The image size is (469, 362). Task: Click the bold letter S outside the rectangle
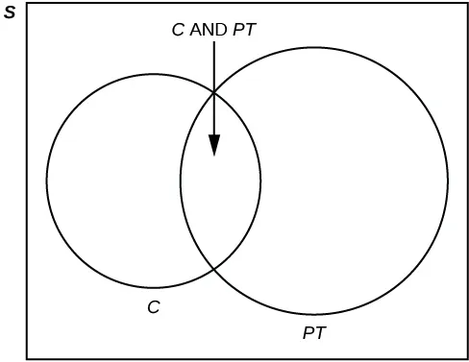pyautogui.click(x=9, y=13)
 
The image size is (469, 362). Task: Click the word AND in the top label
pyautogui.click(x=208, y=29)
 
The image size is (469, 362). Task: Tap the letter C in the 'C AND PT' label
pyautogui.click(x=177, y=29)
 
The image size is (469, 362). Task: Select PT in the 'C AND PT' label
pyautogui.click(x=243, y=29)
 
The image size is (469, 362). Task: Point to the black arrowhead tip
pyautogui.click(x=213, y=156)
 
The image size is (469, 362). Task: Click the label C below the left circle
pyautogui.click(x=153, y=307)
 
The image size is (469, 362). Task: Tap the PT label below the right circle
pyautogui.click(x=313, y=333)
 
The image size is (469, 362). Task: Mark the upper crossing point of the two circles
pyautogui.click(x=212, y=90)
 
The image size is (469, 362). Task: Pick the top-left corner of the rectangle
pyautogui.click(x=27, y=4)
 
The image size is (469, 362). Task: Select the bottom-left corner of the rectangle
pyautogui.click(x=27, y=357)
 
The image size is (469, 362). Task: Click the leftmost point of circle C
pyautogui.click(x=46, y=180)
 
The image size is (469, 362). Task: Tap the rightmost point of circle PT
pyautogui.click(x=448, y=180)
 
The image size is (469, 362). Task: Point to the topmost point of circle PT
pyautogui.click(x=314, y=46)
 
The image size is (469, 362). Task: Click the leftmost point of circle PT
pyautogui.click(x=180, y=180)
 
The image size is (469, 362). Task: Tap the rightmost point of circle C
pyautogui.click(x=260, y=180)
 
